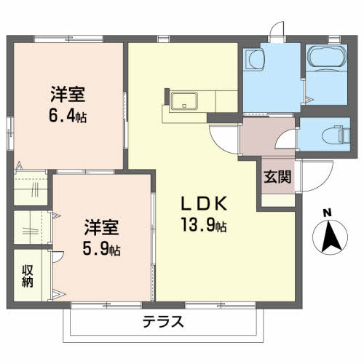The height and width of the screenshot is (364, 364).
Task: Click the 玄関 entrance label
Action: click(x=277, y=177)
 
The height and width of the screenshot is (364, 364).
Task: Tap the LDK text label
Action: click(x=204, y=203)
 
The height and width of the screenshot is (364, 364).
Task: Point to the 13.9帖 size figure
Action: click(x=204, y=225)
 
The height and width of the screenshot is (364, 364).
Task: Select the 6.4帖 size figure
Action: click(x=68, y=116)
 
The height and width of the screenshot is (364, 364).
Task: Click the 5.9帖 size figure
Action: click(x=101, y=248)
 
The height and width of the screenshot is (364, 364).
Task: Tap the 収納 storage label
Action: click(x=28, y=277)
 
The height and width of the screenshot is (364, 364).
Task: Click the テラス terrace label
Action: click(x=163, y=322)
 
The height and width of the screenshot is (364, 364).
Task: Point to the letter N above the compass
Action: click(x=328, y=213)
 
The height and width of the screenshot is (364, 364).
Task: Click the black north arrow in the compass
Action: click(x=331, y=236)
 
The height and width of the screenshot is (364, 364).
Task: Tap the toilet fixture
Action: click(x=336, y=135)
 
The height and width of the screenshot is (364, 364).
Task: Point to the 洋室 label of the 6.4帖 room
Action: click(x=68, y=94)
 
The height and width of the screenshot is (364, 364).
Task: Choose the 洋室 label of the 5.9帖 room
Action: click(x=101, y=227)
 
